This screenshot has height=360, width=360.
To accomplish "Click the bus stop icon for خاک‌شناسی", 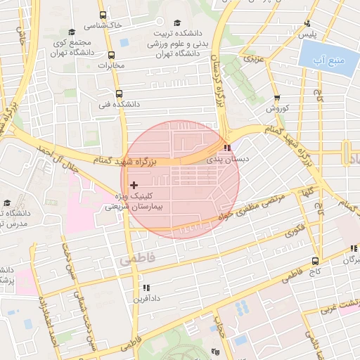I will click(103, 15).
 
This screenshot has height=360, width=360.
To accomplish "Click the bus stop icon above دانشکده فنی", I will click(117, 93).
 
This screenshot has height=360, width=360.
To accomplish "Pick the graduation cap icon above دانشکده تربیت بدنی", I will click(177, 22).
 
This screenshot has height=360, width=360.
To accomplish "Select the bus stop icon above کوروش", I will click(277, 98).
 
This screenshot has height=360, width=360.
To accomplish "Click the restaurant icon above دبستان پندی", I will click(226, 148).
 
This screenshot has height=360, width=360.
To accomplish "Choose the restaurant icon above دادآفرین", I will click(146, 288).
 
